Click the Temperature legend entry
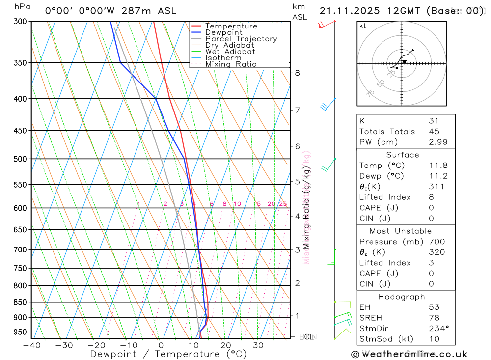coord(231,26)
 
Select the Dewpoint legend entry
coord(223,32)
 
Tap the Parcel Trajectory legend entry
coord(241,39)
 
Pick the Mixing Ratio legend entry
coord(231,64)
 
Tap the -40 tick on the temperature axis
coord(31,345)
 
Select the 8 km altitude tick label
coord(297,73)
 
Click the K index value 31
coord(434,121)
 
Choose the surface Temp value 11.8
coord(437,166)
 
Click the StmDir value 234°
coord(438,329)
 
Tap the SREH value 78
coord(434,318)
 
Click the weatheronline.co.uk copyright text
coord(409,354)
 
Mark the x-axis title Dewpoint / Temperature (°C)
coord(168,354)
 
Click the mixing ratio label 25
coord(283,204)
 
